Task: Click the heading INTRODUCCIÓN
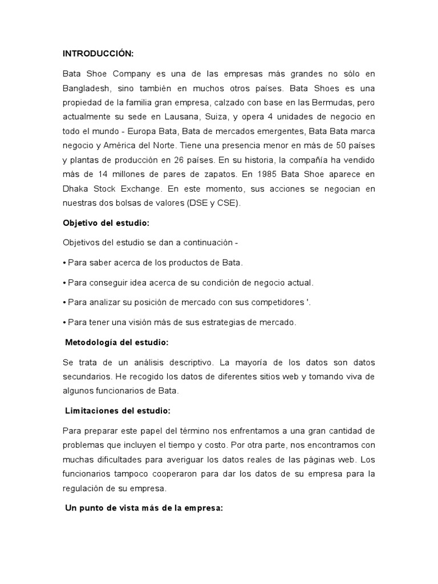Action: tap(98, 54)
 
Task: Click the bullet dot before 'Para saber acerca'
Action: tap(64, 263)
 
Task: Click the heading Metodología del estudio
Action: tap(116, 342)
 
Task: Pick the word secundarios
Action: tap(86, 377)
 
